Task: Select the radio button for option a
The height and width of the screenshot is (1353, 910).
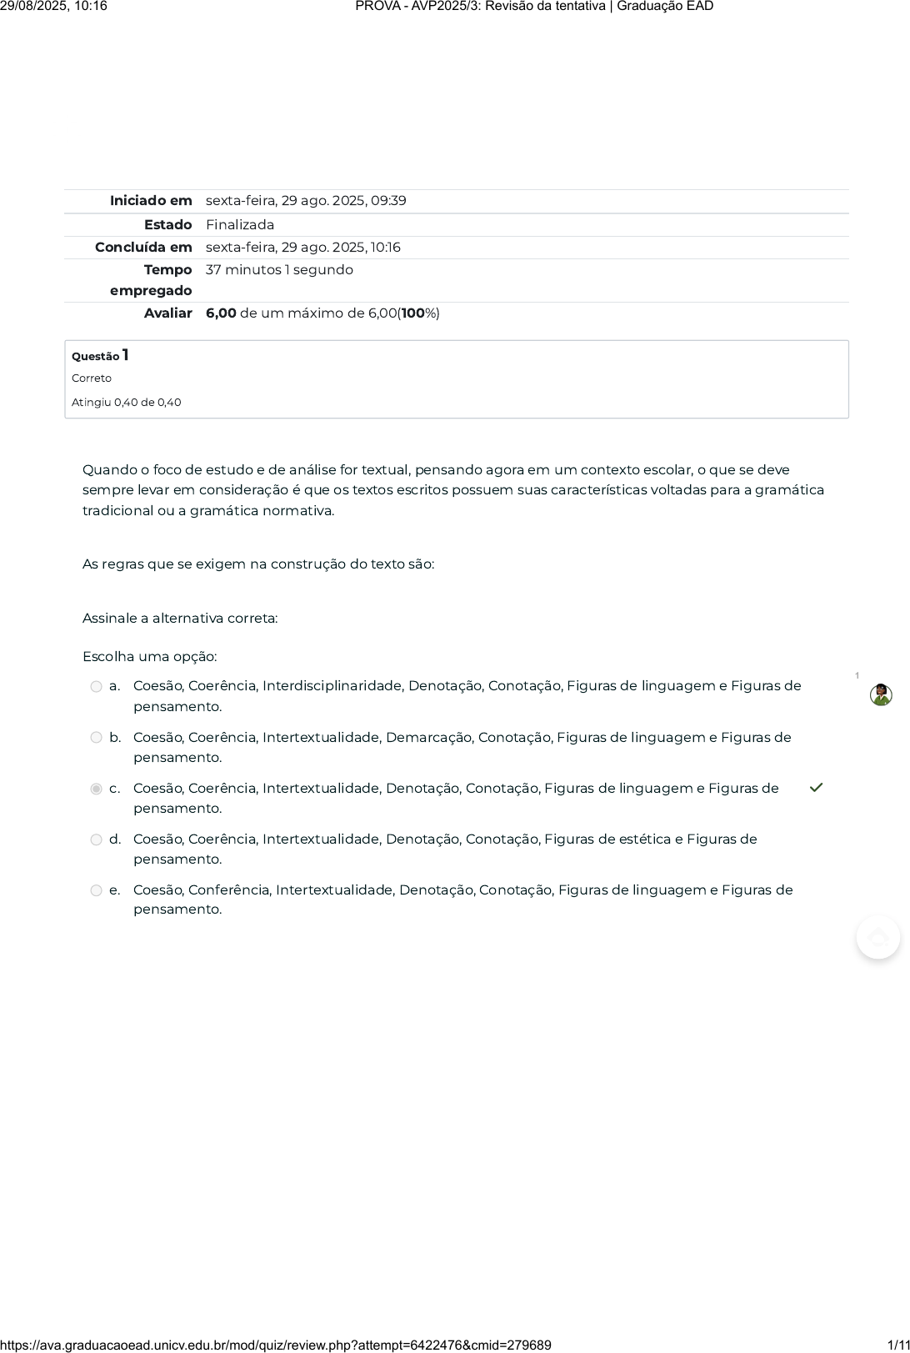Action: pyautogui.click(x=97, y=687)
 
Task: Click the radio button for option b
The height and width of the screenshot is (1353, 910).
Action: pyautogui.click(x=97, y=738)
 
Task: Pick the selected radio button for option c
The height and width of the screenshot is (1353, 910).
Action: pyautogui.click(x=97, y=789)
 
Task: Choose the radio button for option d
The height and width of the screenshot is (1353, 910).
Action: pyautogui.click(x=97, y=839)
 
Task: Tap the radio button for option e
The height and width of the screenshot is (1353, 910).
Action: pyautogui.click(x=97, y=890)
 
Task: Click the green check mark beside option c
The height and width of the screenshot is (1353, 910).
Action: pyautogui.click(x=817, y=788)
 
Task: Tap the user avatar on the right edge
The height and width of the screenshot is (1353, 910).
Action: pyautogui.click(x=881, y=695)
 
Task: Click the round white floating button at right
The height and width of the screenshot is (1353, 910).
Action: pyautogui.click(x=878, y=937)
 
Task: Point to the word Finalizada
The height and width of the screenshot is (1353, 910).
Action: pyautogui.click(x=240, y=225)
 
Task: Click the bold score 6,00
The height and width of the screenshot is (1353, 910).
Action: pyautogui.click(x=221, y=313)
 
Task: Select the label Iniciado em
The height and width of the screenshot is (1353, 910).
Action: pyautogui.click(x=151, y=201)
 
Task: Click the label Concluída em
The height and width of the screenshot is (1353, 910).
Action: pyautogui.click(x=143, y=248)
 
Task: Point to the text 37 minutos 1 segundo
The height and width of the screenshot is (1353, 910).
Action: pyautogui.click(x=279, y=270)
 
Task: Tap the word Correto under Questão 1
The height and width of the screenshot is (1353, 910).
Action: pyautogui.click(x=92, y=378)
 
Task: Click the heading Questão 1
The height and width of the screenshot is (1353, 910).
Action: pyautogui.click(x=100, y=356)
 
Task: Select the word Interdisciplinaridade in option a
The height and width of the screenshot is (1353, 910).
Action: pyautogui.click(x=332, y=686)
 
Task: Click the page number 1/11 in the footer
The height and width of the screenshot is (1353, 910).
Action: pyautogui.click(x=897, y=1345)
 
